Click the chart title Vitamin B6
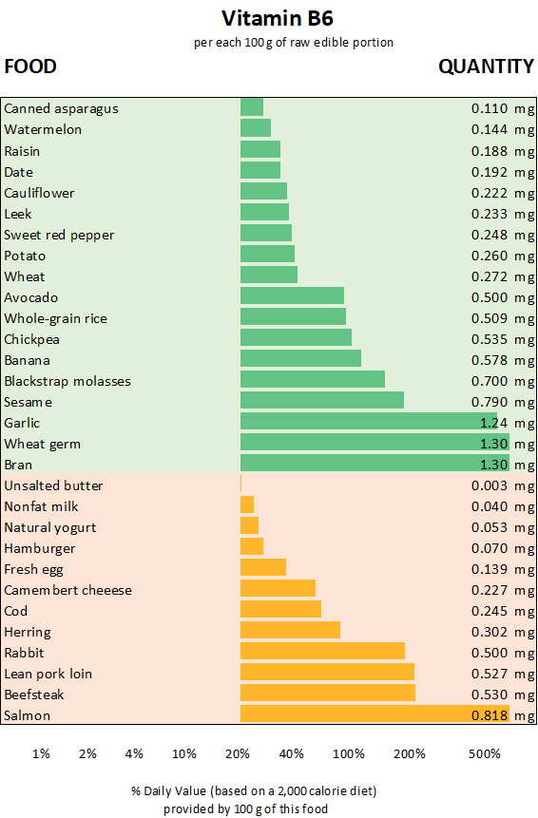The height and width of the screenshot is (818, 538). click(x=269, y=18)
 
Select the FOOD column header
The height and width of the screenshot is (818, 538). click(x=30, y=67)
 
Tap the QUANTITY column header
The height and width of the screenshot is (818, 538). click(x=486, y=67)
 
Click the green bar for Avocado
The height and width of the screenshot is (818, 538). click(x=292, y=296)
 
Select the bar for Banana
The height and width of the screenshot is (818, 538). click(x=300, y=359)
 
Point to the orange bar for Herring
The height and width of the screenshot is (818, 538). click(x=290, y=631)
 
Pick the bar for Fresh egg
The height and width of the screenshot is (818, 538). click(x=263, y=568)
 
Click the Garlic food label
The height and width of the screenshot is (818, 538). click(x=22, y=423)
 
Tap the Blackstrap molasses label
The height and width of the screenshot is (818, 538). click(x=67, y=381)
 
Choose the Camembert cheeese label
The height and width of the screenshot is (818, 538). click(x=67, y=590)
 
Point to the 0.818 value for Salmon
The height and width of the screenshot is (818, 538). click(x=490, y=715)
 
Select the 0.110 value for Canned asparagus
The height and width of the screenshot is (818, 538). click(x=490, y=108)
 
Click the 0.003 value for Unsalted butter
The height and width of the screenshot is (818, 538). click(x=490, y=485)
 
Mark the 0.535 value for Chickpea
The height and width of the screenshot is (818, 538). click(x=490, y=338)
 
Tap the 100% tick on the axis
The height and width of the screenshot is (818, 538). click(x=349, y=754)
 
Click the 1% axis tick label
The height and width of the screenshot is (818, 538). click(x=41, y=754)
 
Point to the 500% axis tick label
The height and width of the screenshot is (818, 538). click(x=484, y=754)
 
